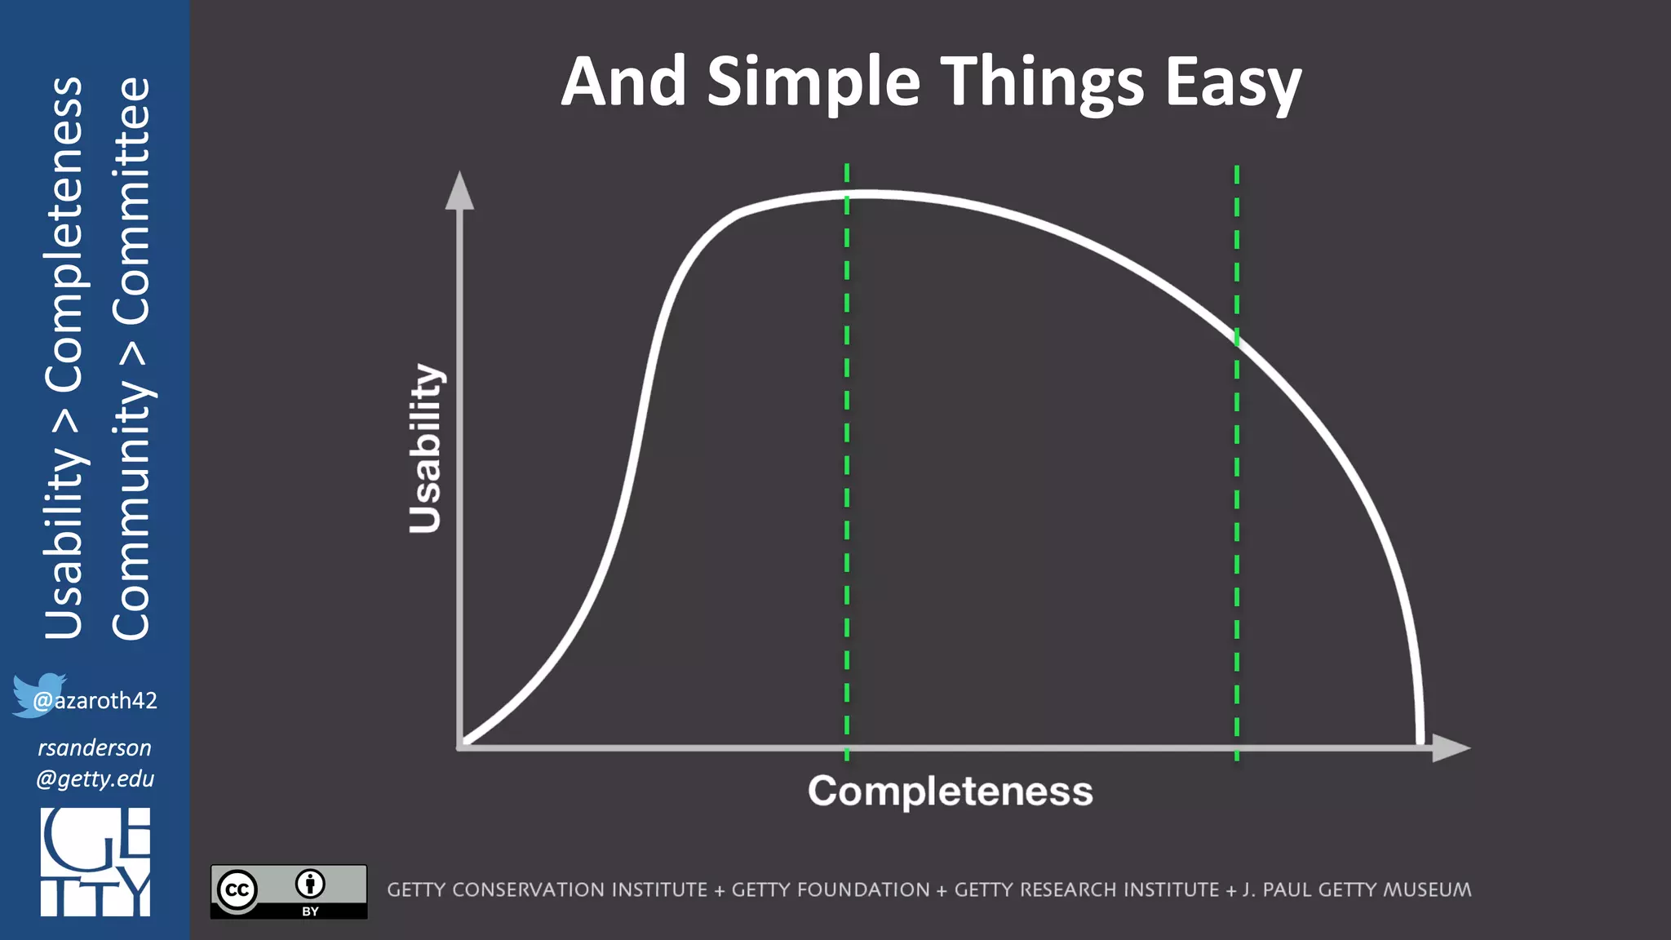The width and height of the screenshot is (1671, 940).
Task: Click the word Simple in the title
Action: click(x=813, y=83)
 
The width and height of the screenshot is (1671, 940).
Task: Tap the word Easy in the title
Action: click(x=1233, y=83)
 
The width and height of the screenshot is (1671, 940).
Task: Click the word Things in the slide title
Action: click(x=1043, y=83)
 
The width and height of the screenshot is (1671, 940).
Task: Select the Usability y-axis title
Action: click(x=425, y=449)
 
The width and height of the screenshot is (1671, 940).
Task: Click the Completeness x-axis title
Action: click(x=950, y=791)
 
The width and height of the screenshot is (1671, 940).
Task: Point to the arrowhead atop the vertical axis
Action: click(x=459, y=191)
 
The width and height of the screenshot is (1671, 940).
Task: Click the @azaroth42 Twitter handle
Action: click(x=95, y=700)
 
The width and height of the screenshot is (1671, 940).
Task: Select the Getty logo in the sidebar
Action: click(x=95, y=862)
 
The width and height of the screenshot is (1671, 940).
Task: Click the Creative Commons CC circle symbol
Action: click(x=237, y=889)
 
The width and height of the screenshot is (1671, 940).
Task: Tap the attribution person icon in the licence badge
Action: click(x=310, y=884)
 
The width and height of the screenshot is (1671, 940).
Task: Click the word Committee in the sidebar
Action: click(x=131, y=201)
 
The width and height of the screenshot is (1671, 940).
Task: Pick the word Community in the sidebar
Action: click(x=131, y=509)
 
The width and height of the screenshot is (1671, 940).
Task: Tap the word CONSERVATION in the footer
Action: click(x=579, y=889)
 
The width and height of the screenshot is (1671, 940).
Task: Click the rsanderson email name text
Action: click(x=95, y=747)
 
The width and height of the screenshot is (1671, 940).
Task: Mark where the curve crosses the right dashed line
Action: click(x=1237, y=339)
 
